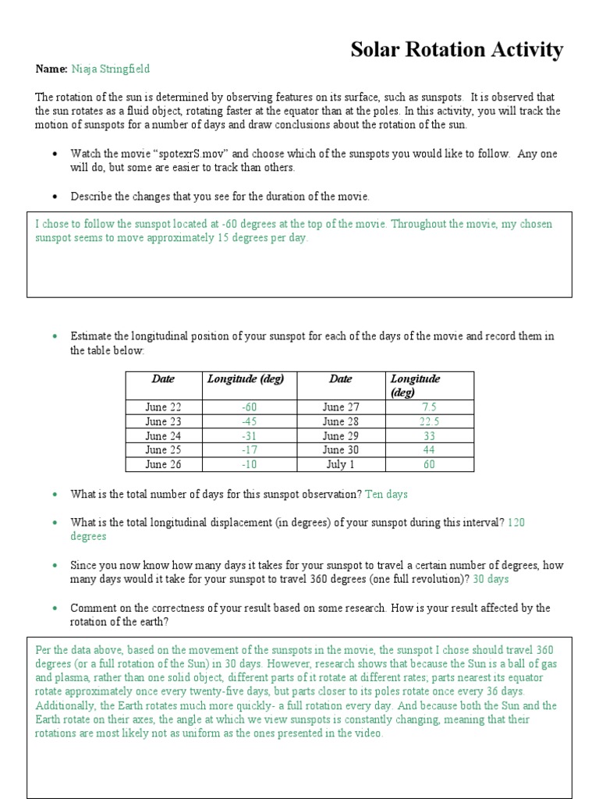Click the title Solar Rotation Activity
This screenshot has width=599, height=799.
pyautogui.click(x=456, y=50)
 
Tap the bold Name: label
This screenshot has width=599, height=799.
pyautogui.click(x=51, y=69)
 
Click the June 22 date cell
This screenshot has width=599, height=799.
pyautogui.click(x=163, y=407)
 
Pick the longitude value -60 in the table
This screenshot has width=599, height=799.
pyautogui.click(x=248, y=407)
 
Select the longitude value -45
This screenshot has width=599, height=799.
pyautogui.click(x=248, y=421)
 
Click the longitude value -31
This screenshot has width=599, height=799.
pyautogui.click(x=248, y=436)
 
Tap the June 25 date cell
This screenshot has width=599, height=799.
pyautogui.click(x=163, y=450)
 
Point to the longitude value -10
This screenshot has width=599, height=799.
pyautogui.click(x=248, y=464)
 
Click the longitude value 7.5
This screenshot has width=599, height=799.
pyautogui.click(x=429, y=407)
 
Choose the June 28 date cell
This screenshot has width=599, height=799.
pyautogui.click(x=340, y=421)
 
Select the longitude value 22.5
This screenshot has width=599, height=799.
pyautogui.click(x=429, y=421)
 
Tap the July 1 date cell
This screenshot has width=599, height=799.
pyautogui.click(x=340, y=464)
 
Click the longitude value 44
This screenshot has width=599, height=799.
pyautogui.click(x=429, y=450)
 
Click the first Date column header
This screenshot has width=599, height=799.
pyautogui.click(x=163, y=379)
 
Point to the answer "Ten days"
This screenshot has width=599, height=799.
pyautogui.click(x=386, y=494)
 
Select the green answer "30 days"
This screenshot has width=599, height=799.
pyautogui.click(x=491, y=579)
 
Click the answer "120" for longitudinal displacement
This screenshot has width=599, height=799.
pyautogui.click(x=516, y=523)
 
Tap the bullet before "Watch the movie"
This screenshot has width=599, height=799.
pyautogui.click(x=55, y=154)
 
